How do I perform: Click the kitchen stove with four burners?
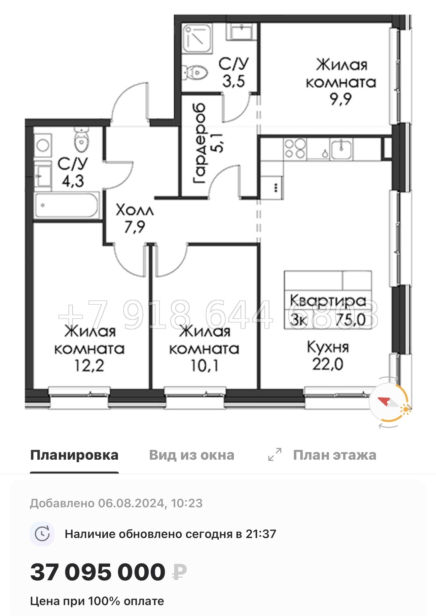pos(295,149)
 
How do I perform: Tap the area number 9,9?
pos(341,99)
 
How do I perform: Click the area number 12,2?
pos(89,366)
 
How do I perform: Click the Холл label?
pos(135,210)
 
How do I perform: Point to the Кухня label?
pos(328,347)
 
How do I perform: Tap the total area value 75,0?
pos(351,319)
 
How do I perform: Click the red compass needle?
pos(384,402)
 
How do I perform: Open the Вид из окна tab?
pos(192,455)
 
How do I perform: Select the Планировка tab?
pos(74,455)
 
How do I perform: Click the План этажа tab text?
pos(335,455)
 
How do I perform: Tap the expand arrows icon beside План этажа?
pos(274,455)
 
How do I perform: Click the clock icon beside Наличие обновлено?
pos(42,534)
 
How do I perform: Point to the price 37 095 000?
pos(98,572)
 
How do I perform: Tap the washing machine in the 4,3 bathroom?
pos(43,144)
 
